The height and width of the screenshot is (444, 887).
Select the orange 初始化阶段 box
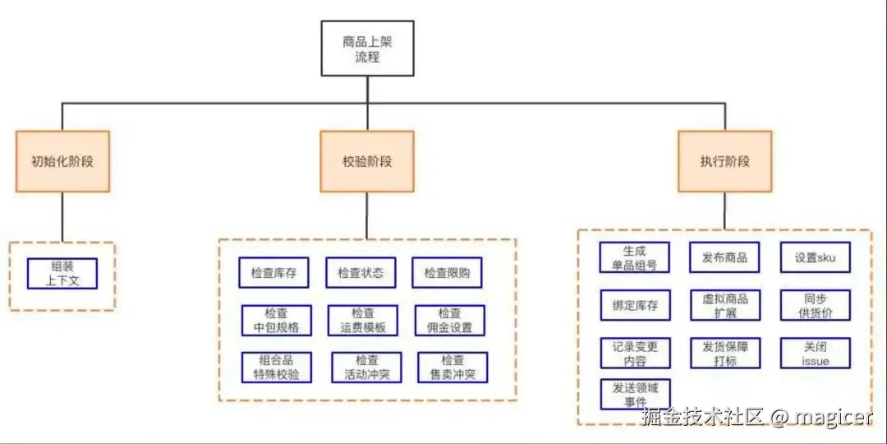pyautogui.click(x=62, y=161)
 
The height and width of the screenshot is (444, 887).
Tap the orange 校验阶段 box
pyautogui.click(x=367, y=161)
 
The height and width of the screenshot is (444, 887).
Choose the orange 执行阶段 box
pyautogui.click(x=724, y=161)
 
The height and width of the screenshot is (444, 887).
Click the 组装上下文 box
pyautogui.click(x=62, y=274)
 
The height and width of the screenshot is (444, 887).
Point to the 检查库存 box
pyautogui.click(x=274, y=273)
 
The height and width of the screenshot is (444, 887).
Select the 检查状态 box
pyautogui.click(x=361, y=273)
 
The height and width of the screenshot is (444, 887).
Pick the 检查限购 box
pyautogui.click(x=448, y=273)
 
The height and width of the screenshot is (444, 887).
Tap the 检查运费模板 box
pyautogui.click(x=363, y=321)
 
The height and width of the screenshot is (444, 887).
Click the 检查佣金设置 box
pyautogui.click(x=450, y=321)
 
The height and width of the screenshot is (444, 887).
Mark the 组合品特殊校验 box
pyautogui.click(x=276, y=368)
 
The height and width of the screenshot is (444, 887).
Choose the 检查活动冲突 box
pyautogui.click(x=366, y=368)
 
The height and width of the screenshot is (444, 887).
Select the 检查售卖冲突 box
pyautogui.click(x=453, y=368)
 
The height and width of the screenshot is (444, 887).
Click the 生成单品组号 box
pyautogui.click(x=635, y=257)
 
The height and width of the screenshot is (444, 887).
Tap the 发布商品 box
pyautogui.click(x=724, y=257)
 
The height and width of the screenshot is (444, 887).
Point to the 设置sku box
pyautogui.click(x=815, y=257)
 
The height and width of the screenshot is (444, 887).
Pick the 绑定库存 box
pyautogui.click(x=635, y=305)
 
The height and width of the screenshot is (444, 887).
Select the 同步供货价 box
pyautogui.click(x=815, y=305)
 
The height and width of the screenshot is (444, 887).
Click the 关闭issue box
pyautogui.click(x=815, y=353)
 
